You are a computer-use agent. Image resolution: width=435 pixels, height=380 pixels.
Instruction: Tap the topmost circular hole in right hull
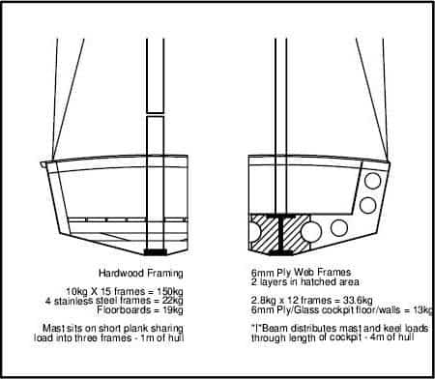click(x=373, y=181)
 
